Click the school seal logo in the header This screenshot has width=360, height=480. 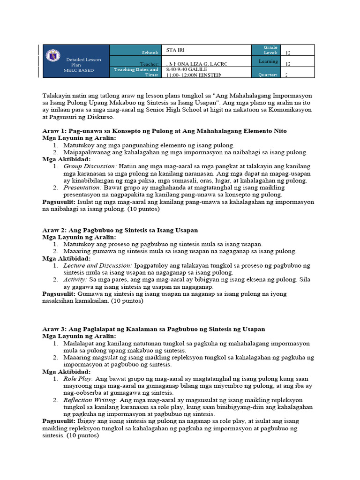52,55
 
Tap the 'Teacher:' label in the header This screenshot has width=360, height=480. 150,64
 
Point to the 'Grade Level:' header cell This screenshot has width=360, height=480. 270,50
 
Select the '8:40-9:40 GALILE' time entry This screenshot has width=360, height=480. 186,69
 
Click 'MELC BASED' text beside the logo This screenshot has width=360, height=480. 79,70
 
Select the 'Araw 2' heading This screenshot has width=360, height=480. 120,230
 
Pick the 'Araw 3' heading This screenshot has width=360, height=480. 153,329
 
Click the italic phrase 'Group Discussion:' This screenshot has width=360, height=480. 90,166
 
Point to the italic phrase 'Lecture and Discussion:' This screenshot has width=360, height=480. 98,266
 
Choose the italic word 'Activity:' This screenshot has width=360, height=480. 75,280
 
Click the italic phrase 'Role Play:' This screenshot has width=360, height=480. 78,379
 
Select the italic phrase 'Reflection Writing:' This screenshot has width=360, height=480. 91,400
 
